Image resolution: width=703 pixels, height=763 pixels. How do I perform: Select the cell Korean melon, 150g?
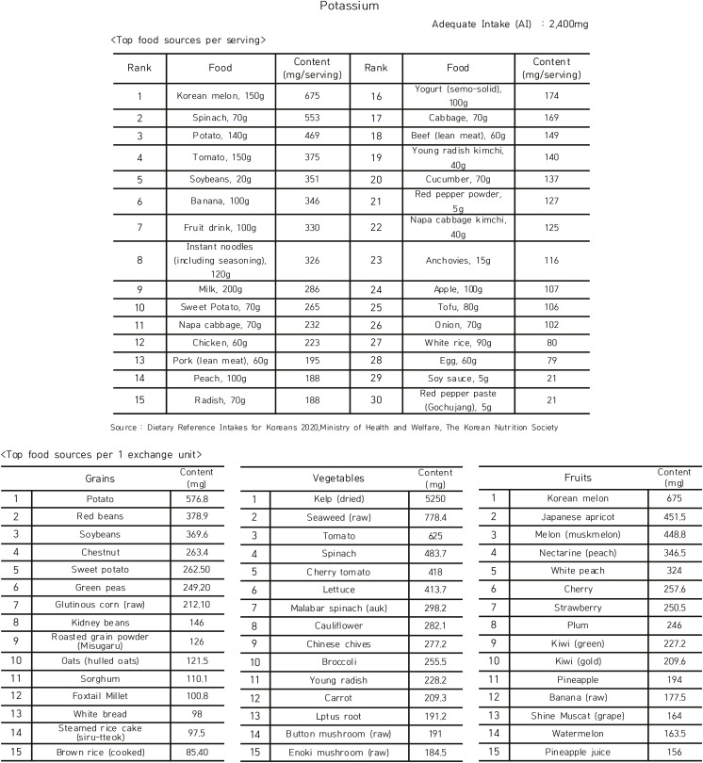(x=223, y=95)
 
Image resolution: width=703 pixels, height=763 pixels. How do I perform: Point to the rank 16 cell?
(x=376, y=95)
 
